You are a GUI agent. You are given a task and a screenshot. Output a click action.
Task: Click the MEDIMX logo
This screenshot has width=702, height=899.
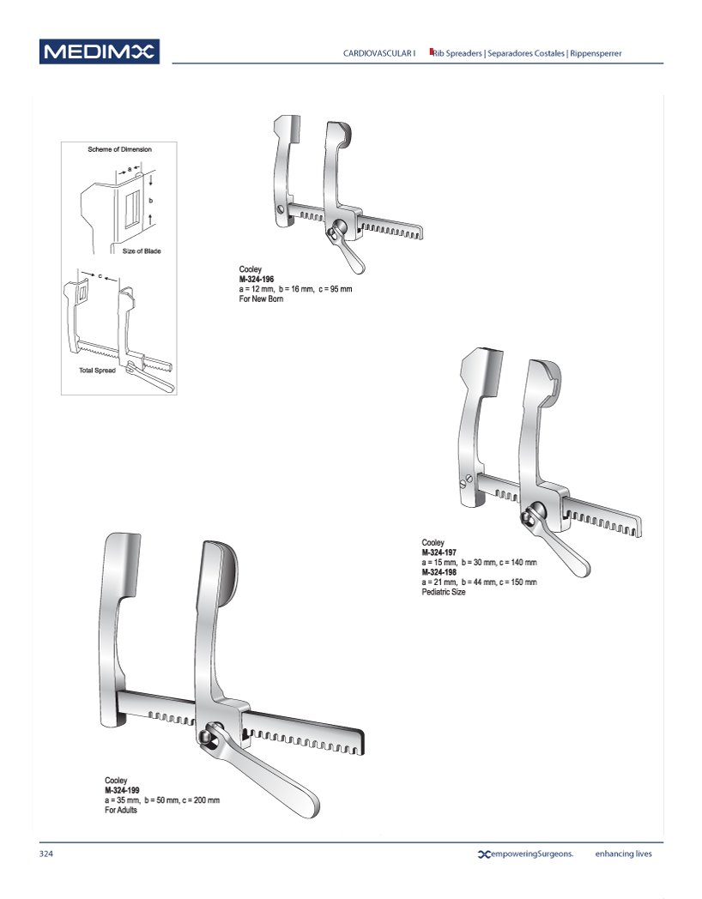(100, 51)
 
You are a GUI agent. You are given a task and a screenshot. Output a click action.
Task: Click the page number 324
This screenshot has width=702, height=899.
(45, 854)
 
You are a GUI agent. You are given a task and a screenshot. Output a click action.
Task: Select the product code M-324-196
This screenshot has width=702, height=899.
(257, 279)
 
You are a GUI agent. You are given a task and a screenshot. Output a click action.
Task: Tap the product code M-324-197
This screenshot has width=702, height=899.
(439, 552)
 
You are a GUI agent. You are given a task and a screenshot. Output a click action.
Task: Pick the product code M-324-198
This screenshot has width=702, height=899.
(439, 572)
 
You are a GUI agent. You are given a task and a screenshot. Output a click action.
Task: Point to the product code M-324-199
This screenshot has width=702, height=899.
(122, 790)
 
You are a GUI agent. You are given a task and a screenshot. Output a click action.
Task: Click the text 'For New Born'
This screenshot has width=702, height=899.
(261, 299)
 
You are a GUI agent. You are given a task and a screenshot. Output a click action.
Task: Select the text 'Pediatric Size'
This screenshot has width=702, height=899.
(444, 592)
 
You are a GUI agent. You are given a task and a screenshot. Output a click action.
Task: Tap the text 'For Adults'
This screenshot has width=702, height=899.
(120, 810)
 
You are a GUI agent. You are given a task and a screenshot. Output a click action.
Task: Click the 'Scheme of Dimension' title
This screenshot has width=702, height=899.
(119, 149)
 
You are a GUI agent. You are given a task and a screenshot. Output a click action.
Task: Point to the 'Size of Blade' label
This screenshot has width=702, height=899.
(141, 251)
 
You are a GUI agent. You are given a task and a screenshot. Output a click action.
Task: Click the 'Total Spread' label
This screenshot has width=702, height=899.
(97, 371)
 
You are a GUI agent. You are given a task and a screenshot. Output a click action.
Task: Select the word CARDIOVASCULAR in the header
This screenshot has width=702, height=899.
(377, 53)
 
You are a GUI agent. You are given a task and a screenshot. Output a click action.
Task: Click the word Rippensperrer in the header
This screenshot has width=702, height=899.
(596, 53)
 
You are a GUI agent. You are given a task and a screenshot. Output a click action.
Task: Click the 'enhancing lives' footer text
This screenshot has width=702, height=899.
(623, 854)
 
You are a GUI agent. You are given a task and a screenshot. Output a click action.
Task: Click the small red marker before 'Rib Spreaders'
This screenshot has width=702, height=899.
(432, 51)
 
